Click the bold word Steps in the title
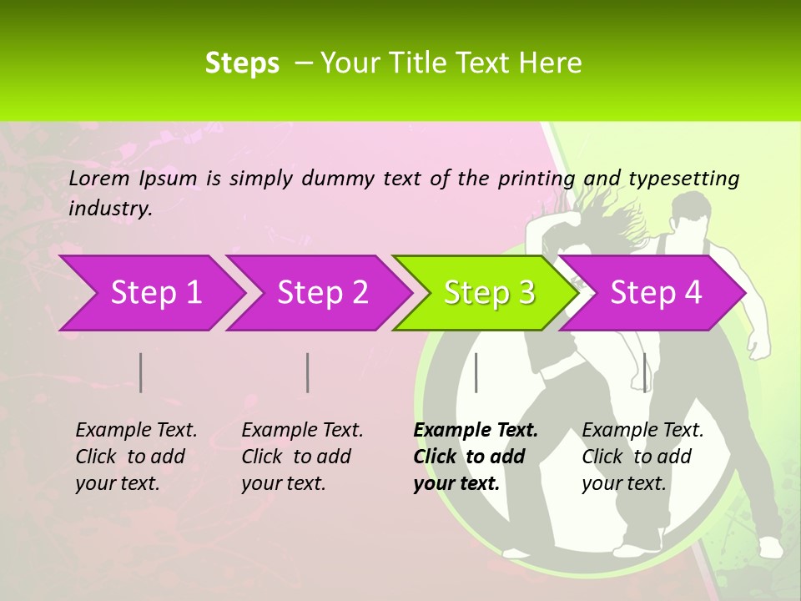(242, 63)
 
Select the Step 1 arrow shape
(150, 292)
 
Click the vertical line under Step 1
(141, 372)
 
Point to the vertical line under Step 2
(308, 372)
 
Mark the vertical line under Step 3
(476, 372)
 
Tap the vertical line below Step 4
(644, 372)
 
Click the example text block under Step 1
(136, 457)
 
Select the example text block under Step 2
(302, 457)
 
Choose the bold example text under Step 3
(476, 457)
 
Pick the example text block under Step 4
(642, 457)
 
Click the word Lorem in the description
(98, 178)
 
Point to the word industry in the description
(109, 208)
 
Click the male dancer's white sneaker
(769, 547)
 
